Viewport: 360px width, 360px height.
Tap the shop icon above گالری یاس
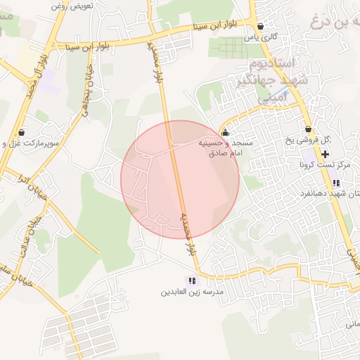click(x=261, y=27)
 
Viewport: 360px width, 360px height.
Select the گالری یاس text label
click(x=257, y=37)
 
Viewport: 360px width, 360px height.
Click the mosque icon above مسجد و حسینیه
click(x=225, y=132)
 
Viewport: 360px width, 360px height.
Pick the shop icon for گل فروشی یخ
click(x=308, y=130)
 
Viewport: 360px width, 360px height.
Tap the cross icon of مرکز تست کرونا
click(x=325, y=153)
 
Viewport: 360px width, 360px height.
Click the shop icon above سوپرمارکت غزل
click(x=22, y=132)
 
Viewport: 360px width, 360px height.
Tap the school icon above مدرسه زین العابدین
click(x=192, y=281)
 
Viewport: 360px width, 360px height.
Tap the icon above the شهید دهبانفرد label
click(x=336, y=183)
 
